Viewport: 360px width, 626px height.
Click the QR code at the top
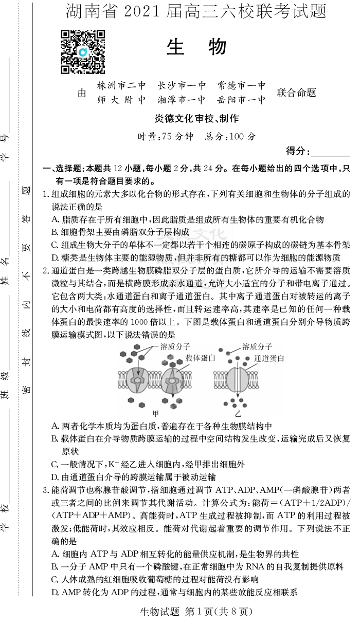tap(83, 52)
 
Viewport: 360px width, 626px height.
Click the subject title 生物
tap(196, 47)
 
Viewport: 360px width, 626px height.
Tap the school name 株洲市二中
tap(121, 85)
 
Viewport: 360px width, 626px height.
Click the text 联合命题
tap(296, 93)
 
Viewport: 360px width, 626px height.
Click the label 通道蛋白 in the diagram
tap(269, 358)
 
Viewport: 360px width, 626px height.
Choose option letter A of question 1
tap(55, 219)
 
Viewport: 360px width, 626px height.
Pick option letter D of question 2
tap(55, 477)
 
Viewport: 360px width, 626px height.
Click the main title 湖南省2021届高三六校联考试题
tap(196, 11)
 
